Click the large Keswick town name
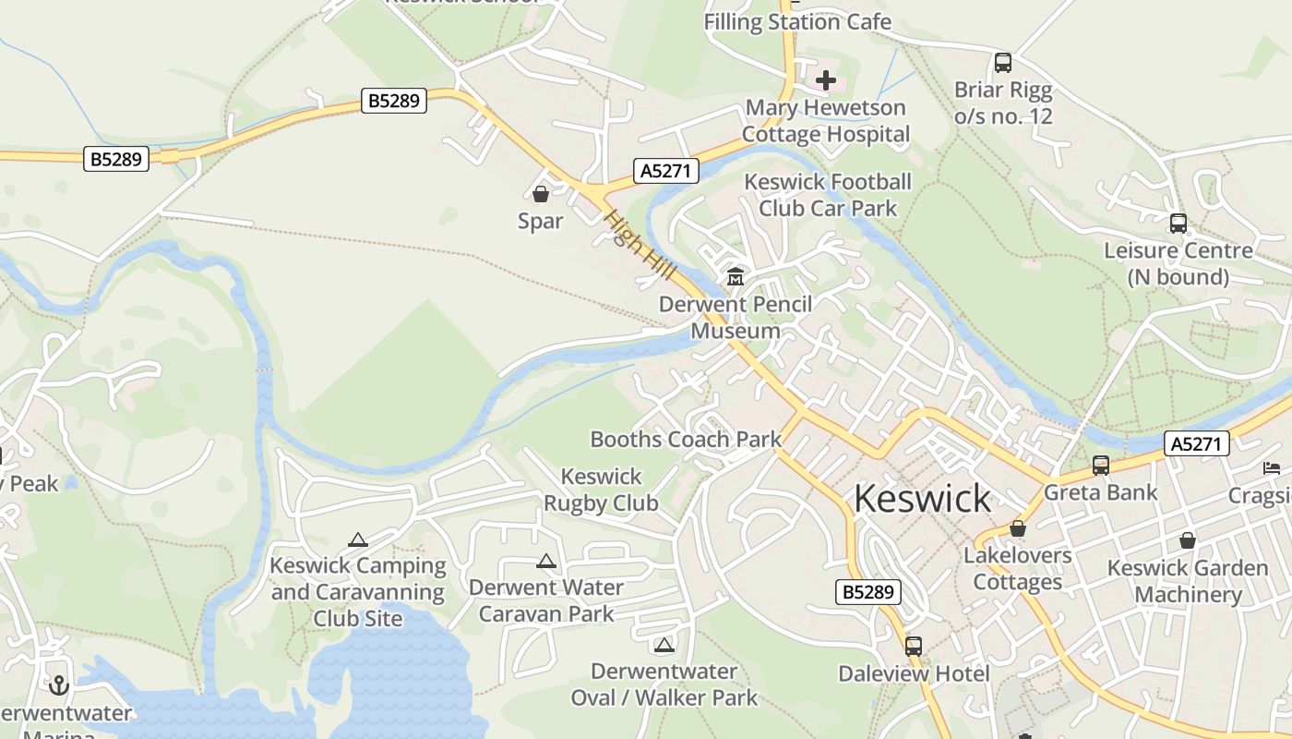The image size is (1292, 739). tap(922, 499)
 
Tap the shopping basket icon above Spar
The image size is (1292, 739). tap(541, 194)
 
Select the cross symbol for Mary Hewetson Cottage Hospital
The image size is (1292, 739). tap(826, 80)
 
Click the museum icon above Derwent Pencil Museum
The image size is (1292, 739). tap(736, 276)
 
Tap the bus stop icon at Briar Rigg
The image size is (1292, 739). tap(1003, 63)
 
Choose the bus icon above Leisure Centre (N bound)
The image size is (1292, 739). tap(1178, 223)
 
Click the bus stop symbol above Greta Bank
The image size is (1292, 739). tap(1100, 465)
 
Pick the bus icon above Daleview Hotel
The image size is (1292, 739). tap(914, 646)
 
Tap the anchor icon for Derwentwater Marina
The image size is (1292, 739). tap(59, 685)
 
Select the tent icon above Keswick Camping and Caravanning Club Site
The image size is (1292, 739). tap(358, 539)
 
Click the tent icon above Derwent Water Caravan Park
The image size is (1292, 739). tap(546, 561)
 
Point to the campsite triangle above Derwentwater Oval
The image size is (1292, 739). tap(664, 645)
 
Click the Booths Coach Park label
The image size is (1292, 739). tap(686, 439)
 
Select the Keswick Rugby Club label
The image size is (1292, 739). tap(601, 490)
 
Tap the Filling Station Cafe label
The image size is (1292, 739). tap(797, 21)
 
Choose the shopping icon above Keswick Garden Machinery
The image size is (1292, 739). tap(1188, 540)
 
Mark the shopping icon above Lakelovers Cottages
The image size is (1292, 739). tap(1018, 528)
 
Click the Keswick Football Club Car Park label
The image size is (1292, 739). tap(828, 195)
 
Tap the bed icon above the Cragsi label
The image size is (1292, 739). tap(1272, 467)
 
